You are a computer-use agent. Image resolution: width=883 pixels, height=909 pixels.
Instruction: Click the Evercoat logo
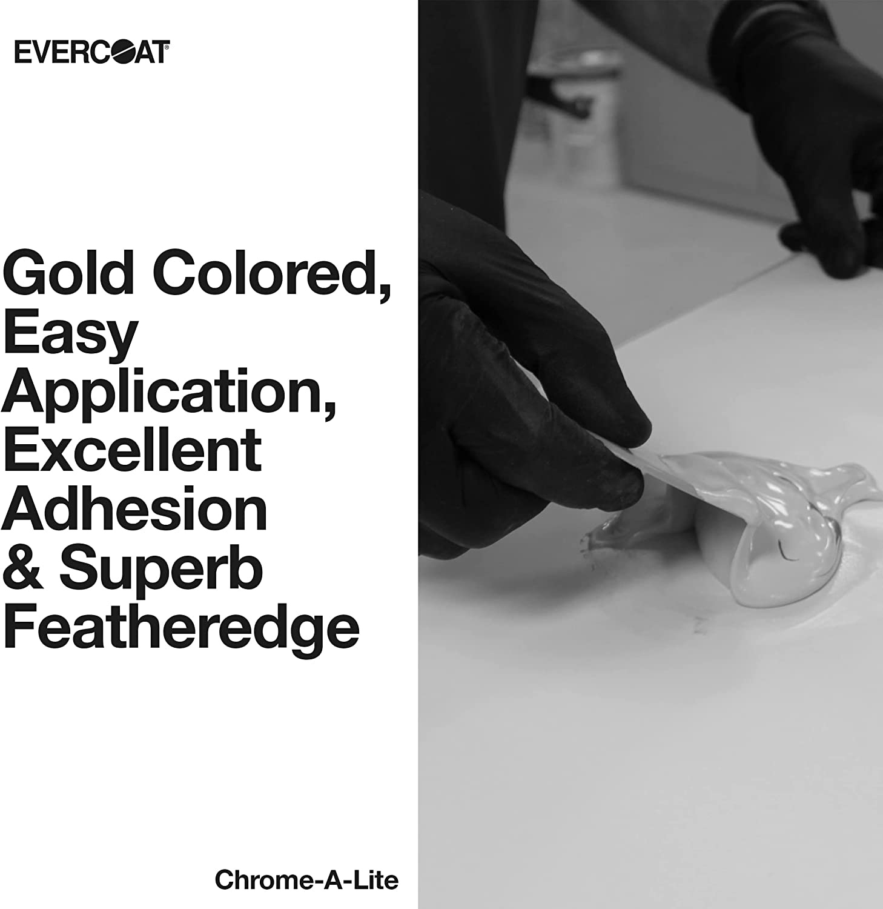pos(92,53)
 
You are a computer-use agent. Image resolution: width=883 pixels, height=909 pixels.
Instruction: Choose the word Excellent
pos(133,451)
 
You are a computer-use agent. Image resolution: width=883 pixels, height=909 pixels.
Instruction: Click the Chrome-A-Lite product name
pos(306,880)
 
